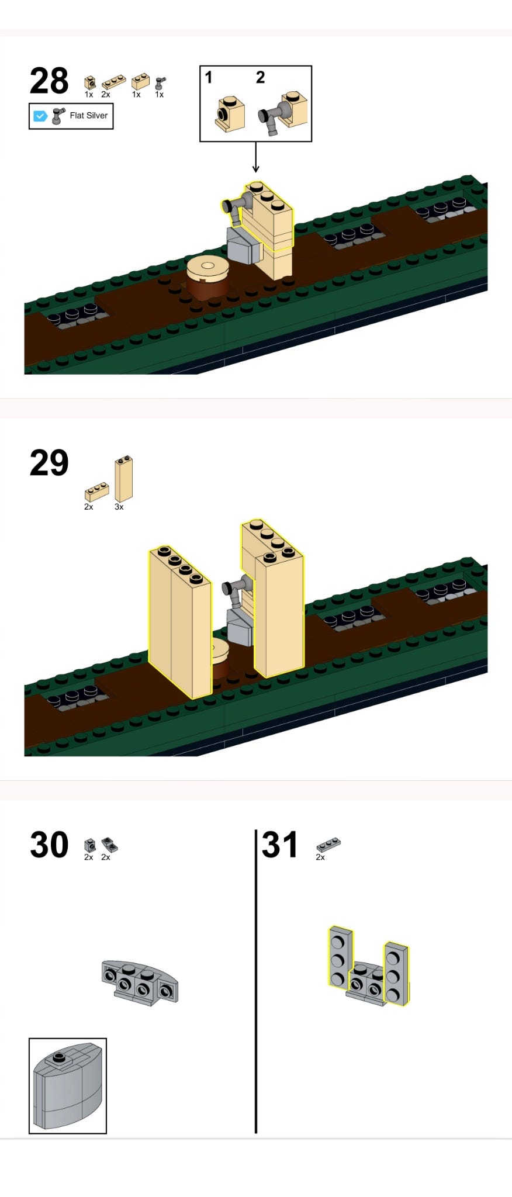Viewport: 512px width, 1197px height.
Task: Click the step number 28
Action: coord(49,81)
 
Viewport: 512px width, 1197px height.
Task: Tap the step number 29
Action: coord(49,463)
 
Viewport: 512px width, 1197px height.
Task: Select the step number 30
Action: coord(49,845)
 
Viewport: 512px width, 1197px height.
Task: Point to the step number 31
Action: coord(280,845)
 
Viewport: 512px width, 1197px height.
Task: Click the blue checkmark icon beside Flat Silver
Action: coord(40,116)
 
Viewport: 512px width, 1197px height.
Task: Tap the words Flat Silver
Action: coord(89,116)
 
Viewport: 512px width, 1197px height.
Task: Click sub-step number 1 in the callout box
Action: coord(209,77)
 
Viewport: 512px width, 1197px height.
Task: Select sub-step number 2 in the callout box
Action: coord(261,77)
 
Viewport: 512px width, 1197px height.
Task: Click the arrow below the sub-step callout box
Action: coord(255,157)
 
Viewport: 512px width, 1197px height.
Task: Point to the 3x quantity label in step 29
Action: coord(119,507)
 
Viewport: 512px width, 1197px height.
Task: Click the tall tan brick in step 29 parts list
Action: coord(123,479)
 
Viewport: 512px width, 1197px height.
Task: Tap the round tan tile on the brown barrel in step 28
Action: coord(207,268)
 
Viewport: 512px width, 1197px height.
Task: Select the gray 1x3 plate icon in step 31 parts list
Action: coord(328,845)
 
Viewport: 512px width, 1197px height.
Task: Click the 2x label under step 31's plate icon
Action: coord(320,857)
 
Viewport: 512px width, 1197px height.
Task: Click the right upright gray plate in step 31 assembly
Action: coord(396,974)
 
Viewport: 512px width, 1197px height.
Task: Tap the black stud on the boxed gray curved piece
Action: coord(58,1057)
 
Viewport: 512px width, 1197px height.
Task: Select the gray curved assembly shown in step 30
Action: coord(140,982)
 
